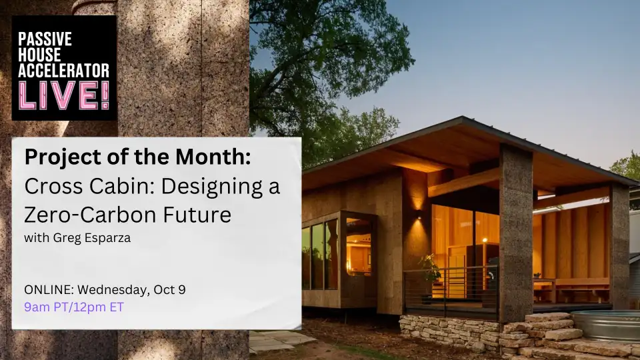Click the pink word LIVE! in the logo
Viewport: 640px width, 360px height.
point(64,95)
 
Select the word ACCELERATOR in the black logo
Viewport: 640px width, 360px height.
point(64,69)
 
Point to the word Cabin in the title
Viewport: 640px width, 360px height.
point(97,187)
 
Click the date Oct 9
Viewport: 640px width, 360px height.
point(177,290)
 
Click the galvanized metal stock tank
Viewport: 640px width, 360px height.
point(608,325)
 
